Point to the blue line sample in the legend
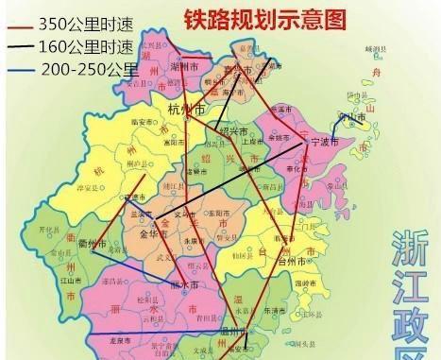point(20,69)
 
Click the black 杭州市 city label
point(186,110)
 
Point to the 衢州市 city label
point(91,242)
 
